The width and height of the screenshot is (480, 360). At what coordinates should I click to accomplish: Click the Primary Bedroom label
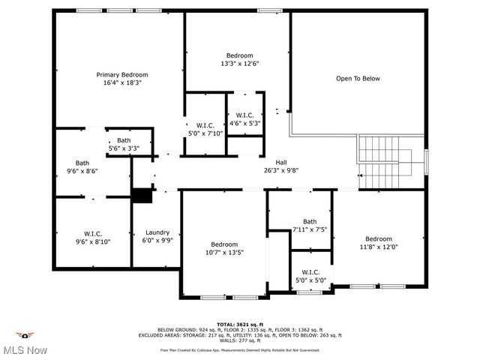pyautogui.click(x=121, y=75)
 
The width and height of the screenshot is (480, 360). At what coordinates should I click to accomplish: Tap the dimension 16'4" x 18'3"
pyautogui.click(x=121, y=82)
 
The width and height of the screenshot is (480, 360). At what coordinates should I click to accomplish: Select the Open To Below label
pyautogui.click(x=358, y=78)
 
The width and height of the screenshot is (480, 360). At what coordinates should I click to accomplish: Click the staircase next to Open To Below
pyautogui.click(x=388, y=161)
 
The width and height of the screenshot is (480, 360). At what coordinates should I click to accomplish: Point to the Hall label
pyautogui.click(x=281, y=162)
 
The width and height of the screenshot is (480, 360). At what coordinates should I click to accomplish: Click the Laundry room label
pyautogui.click(x=157, y=232)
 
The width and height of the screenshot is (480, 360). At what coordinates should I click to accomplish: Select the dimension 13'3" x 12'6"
pyautogui.click(x=240, y=64)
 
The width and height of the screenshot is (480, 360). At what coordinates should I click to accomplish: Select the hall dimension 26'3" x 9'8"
pyautogui.click(x=281, y=170)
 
